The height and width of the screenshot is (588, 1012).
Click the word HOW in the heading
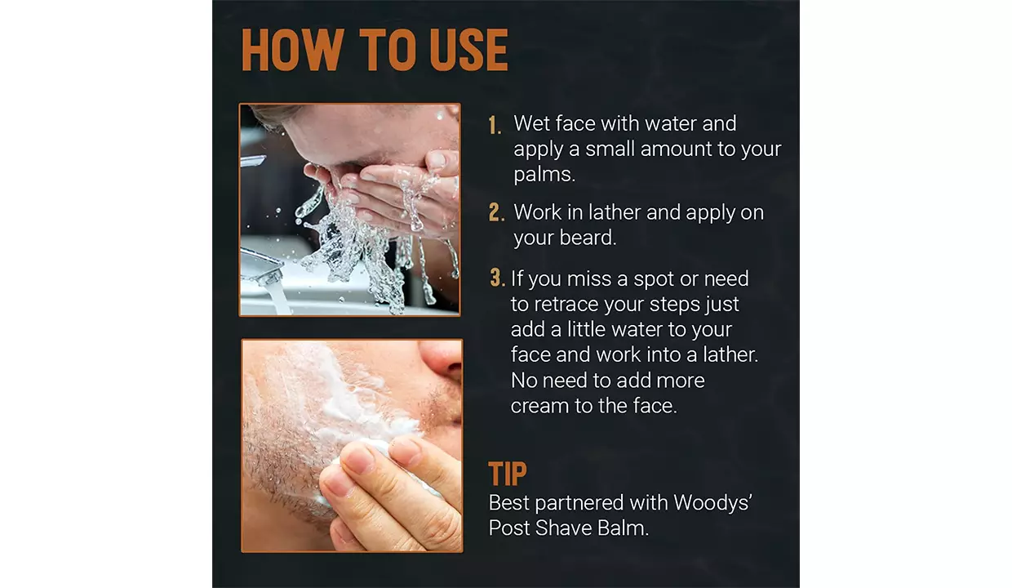click(x=292, y=50)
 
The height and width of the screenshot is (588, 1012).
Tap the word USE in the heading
click(x=469, y=50)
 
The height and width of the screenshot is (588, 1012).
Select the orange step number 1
click(x=495, y=125)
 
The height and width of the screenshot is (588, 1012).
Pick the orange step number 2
click(x=496, y=212)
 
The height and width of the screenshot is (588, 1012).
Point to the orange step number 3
click(x=497, y=278)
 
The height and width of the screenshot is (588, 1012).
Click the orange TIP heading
click(x=508, y=474)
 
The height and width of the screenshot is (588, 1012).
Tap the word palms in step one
click(x=544, y=175)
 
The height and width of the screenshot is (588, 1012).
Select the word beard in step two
click(x=588, y=238)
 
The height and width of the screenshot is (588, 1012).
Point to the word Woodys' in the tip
click(x=712, y=502)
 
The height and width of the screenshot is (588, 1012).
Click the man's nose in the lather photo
click(x=441, y=359)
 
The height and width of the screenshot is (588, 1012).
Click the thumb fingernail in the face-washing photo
click(x=437, y=158)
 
